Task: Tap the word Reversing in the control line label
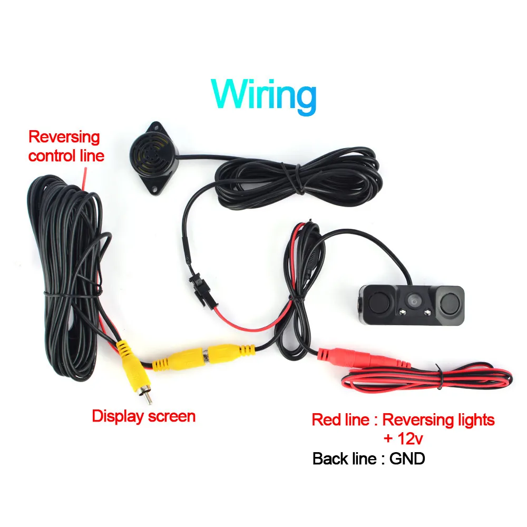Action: pos(64,137)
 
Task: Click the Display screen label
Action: pos(143,416)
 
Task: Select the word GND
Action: pos(407,458)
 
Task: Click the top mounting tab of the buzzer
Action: pos(156,126)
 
